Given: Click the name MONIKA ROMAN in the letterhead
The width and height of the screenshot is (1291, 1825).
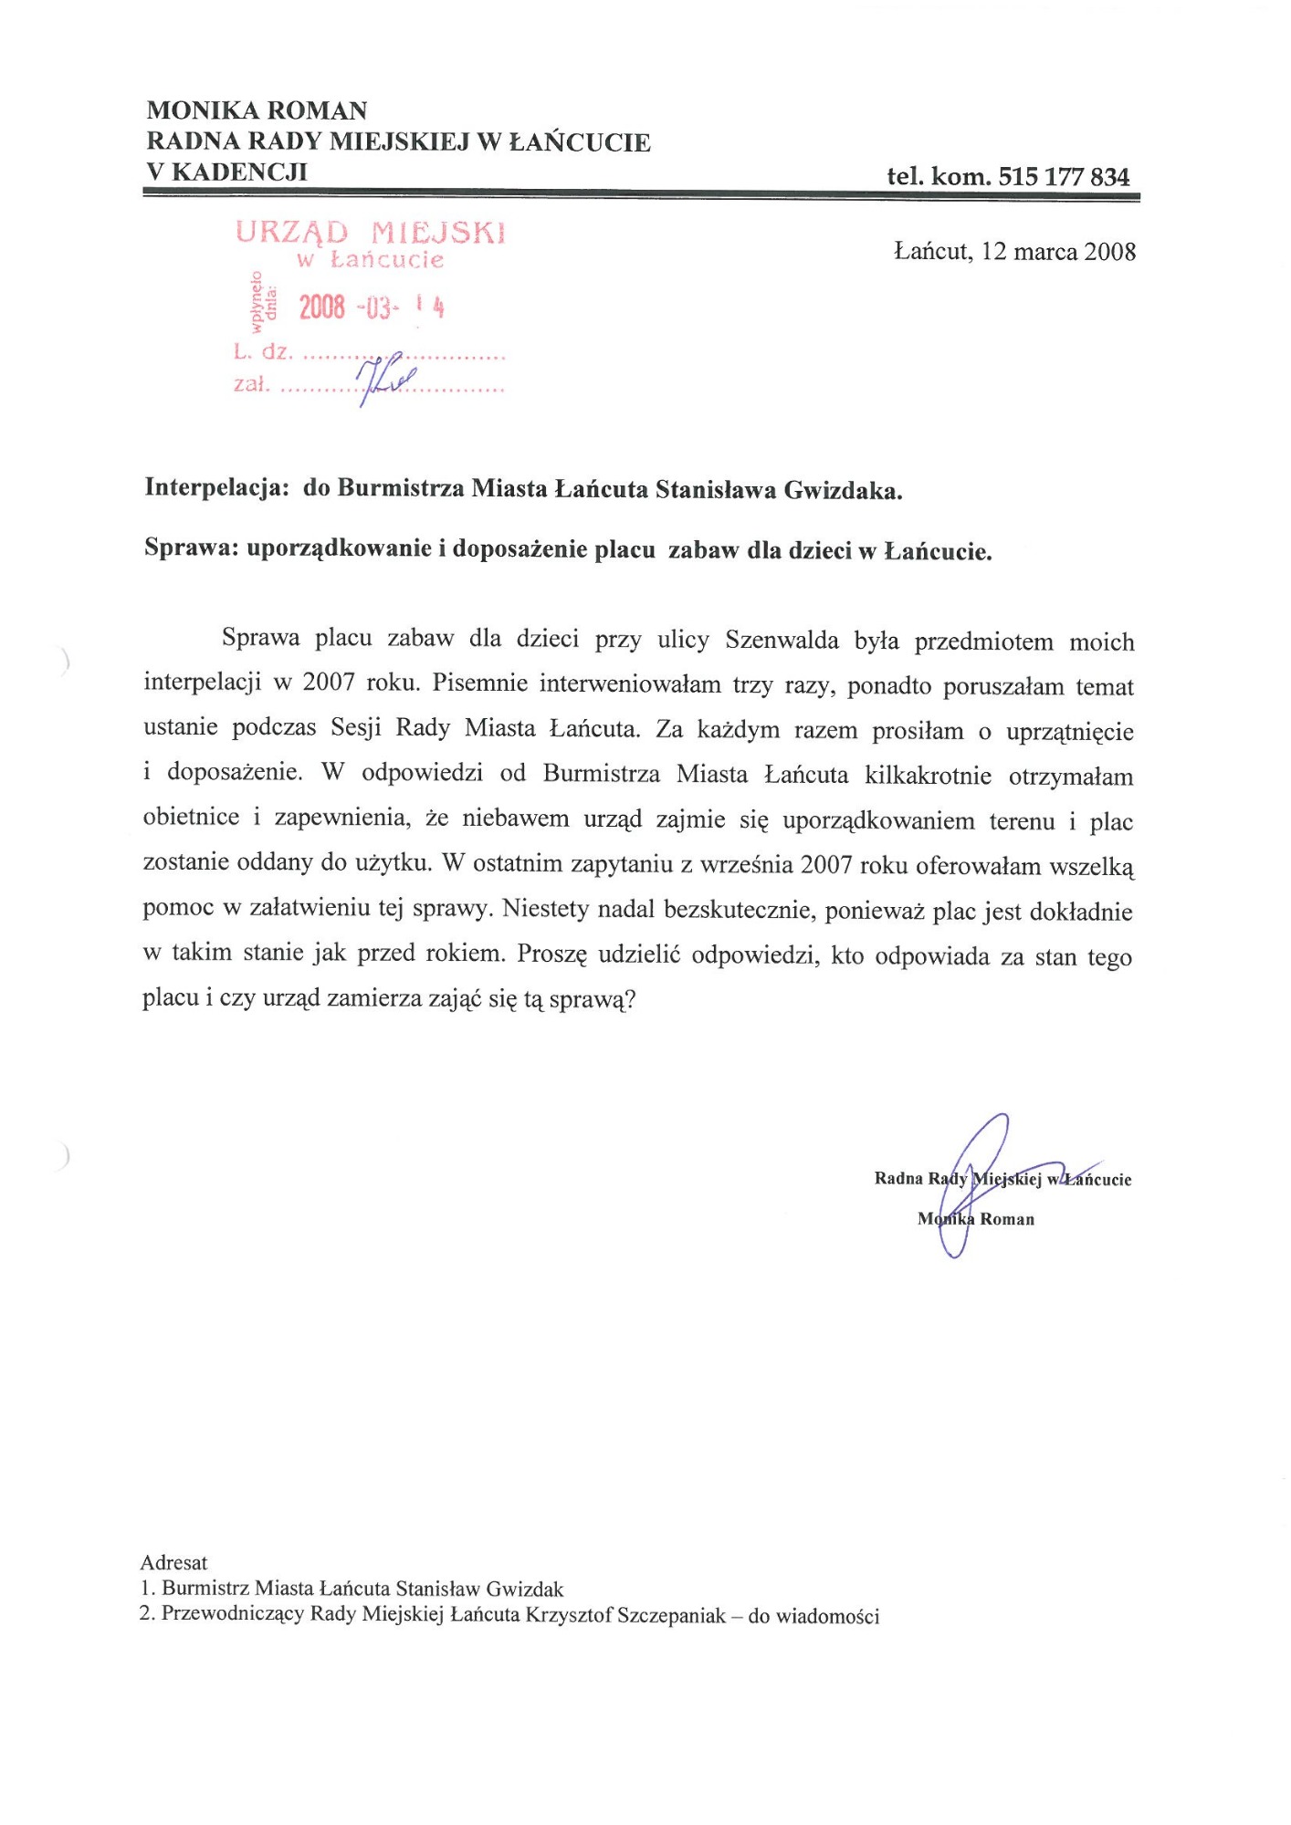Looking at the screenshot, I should point(257,111).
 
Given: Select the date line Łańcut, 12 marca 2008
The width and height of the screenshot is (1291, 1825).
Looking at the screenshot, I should point(1014,251).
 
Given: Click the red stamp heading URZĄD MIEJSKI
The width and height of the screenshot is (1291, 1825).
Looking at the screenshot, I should point(370,233).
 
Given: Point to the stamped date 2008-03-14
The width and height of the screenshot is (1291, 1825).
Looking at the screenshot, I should point(371,308).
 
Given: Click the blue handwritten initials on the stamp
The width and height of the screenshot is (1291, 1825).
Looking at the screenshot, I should point(383,375).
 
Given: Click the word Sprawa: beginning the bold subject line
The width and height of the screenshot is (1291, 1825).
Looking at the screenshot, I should point(190,549).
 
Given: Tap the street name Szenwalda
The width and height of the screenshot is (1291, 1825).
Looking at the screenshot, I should point(782,640).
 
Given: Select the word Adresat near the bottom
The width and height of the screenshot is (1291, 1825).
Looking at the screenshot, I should point(174,1562).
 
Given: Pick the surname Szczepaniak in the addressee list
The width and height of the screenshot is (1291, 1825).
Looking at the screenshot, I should point(671,1615).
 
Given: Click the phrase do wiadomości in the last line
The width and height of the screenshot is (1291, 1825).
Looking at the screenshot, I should point(813,1616).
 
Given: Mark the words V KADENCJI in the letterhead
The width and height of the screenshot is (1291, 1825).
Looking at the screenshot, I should point(226,172).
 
